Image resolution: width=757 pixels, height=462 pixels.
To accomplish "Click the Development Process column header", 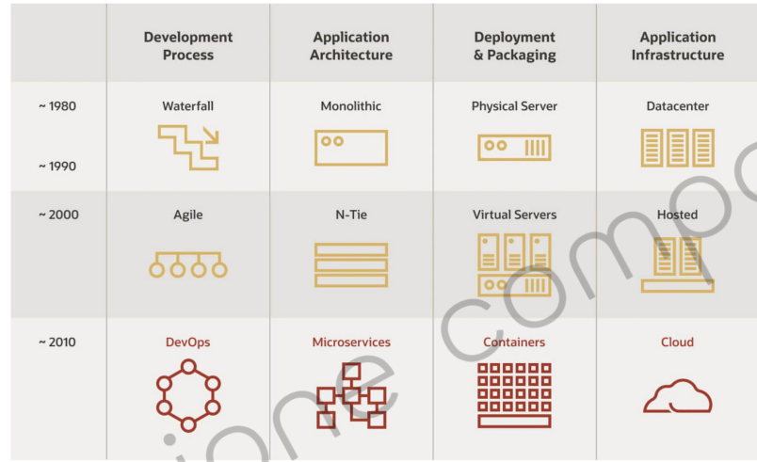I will (x=188, y=45).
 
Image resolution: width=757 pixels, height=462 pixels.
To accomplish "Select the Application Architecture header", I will (x=351, y=45).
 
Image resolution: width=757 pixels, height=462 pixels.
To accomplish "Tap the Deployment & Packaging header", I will (x=514, y=45).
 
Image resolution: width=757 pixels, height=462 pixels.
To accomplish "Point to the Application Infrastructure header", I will (x=678, y=45).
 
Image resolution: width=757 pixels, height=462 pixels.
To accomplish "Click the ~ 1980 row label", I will (x=57, y=106).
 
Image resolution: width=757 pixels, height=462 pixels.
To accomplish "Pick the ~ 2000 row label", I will (x=57, y=215).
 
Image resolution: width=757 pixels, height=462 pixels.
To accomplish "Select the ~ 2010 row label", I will (x=57, y=342).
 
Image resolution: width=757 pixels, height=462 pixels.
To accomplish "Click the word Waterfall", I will (x=188, y=106).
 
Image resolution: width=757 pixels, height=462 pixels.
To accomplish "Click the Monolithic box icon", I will (x=351, y=148).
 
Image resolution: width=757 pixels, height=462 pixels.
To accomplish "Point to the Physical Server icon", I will (x=514, y=147).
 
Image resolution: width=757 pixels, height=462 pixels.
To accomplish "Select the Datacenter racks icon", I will (x=677, y=148).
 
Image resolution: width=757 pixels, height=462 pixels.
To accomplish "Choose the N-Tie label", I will (x=351, y=215).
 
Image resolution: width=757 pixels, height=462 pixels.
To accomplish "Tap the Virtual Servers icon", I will (x=514, y=264).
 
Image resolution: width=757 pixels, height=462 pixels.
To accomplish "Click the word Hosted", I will (x=678, y=215).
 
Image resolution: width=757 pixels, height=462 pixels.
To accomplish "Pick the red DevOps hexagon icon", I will (x=188, y=396).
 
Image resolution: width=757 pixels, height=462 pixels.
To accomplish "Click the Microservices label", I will (x=351, y=343).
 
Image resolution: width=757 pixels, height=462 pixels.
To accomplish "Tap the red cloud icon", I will (x=677, y=396).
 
